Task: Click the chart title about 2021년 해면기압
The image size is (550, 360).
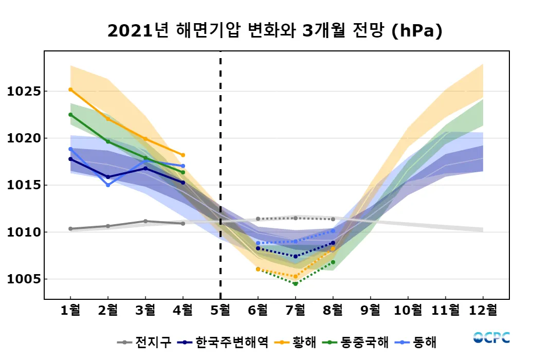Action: tap(275, 31)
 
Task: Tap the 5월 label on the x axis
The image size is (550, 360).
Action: tap(221, 311)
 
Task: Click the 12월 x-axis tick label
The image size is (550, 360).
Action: tap(483, 311)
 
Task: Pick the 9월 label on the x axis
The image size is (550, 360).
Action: tap(371, 311)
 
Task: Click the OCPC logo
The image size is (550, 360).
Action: tap(491, 338)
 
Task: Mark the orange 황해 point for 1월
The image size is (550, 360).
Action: tap(70, 89)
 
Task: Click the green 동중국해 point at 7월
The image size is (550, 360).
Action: tap(296, 283)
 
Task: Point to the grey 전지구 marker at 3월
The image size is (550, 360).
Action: tap(145, 221)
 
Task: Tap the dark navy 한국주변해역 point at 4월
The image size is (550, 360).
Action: tap(183, 183)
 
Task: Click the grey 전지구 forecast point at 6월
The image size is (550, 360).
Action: tap(258, 219)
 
